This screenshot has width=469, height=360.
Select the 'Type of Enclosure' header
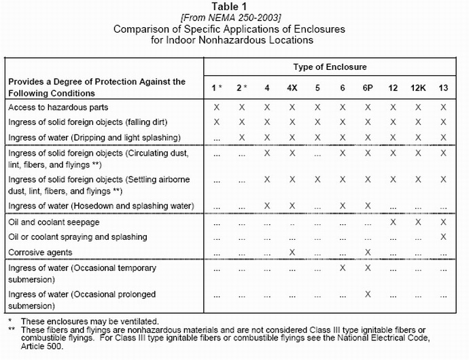(330, 67)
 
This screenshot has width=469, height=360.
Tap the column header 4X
(292, 88)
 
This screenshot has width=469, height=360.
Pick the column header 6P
(368, 88)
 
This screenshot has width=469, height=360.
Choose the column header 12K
(418, 88)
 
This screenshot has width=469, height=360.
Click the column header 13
(444, 88)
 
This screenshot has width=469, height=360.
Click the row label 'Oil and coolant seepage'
(54, 222)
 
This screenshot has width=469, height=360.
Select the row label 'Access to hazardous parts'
(58, 107)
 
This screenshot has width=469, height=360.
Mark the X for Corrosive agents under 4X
(292, 252)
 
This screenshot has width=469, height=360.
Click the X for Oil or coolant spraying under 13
(444, 237)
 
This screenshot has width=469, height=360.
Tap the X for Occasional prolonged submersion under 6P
(368, 295)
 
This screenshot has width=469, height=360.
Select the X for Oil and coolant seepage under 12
(393, 222)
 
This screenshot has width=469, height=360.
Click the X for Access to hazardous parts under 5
(317, 107)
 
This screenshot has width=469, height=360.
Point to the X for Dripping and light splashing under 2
(241, 138)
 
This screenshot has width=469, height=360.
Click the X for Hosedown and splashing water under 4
(266, 205)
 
